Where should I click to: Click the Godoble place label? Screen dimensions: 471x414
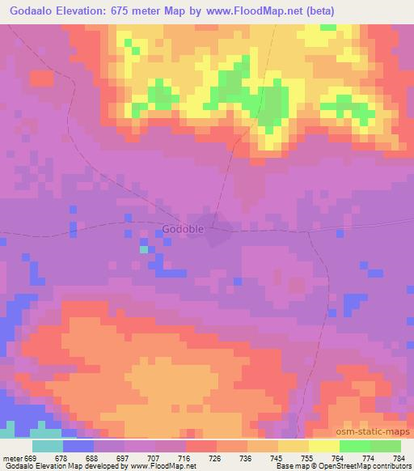pyautogui.click(x=184, y=229)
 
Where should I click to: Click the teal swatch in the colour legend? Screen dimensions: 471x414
pyautogui.click(x=48, y=446)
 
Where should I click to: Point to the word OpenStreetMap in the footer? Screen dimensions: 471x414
pyautogui.click(x=336, y=466)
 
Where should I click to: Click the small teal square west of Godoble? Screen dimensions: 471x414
pyautogui.click(x=143, y=249)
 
